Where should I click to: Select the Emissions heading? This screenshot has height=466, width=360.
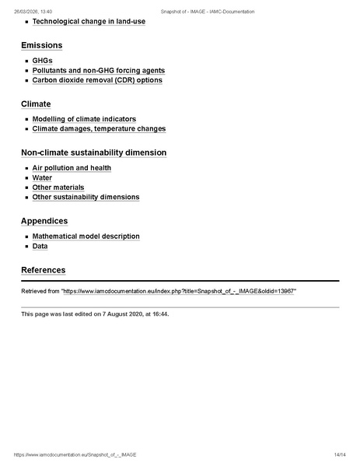(41, 45)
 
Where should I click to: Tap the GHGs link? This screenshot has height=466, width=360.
(42, 61)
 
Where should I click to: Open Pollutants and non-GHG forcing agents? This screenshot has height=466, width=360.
(98, 70)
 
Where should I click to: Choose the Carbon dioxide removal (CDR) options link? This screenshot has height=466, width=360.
(97, 80)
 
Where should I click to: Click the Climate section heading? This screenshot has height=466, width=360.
(36, 103)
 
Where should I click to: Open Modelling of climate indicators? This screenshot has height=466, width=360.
(84, 119)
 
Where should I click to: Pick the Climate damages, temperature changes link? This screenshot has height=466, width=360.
(99, 129)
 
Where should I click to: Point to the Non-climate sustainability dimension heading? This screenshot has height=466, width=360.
(93, 152)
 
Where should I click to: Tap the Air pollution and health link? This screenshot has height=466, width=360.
(72, 168)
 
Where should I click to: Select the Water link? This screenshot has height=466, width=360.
(42, 178)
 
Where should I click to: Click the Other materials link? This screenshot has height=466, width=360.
(58, 187)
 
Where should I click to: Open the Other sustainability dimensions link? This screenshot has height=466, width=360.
(86, 198)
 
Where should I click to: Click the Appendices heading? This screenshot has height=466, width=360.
(44, 221)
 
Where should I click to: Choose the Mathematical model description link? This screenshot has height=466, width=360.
(86, 237)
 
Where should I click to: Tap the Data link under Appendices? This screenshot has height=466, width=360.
(40, 246)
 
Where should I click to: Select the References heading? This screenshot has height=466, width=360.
(43, 270)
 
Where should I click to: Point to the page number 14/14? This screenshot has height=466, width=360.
(339, 454)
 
